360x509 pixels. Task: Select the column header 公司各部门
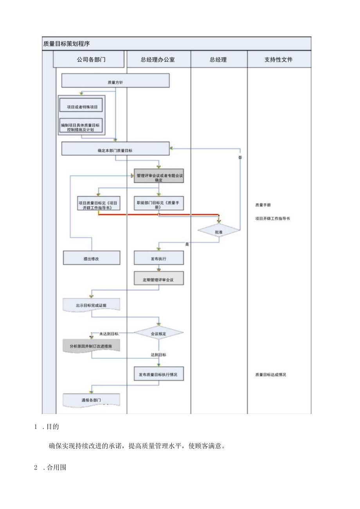[91, 59]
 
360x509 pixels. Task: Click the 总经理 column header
[218, 59]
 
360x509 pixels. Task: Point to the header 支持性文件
[278, 59]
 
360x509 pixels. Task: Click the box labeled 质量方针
[115, 83]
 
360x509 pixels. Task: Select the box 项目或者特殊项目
[82, 106]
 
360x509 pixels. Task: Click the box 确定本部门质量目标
[115, 150]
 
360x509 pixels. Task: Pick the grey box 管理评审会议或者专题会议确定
[158, 178]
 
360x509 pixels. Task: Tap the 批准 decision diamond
[218, 232]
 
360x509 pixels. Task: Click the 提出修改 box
[92, 259]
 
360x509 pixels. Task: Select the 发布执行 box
[158, 259]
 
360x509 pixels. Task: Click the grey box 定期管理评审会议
[158, 280]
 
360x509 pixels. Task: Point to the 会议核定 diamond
[158, 334]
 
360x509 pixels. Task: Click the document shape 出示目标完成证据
[91, 305]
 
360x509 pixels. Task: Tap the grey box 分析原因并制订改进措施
[91, 346]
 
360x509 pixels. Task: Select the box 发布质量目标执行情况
[158, 374]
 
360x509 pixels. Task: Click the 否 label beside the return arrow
[240, 157]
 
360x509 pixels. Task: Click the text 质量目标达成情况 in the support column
[270, 374]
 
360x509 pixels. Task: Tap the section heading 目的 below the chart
[52, 426]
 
